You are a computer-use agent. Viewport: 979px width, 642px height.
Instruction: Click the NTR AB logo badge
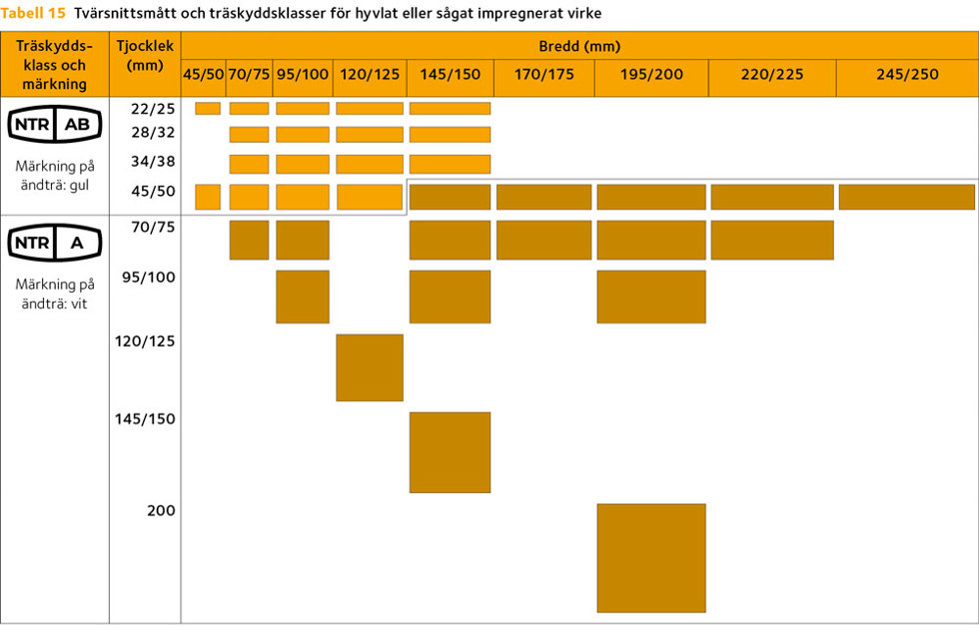tap(55, 123)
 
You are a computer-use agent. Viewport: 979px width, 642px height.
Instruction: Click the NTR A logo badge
tap(55, 243)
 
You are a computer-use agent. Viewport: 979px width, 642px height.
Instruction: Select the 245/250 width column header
tap(907, 74)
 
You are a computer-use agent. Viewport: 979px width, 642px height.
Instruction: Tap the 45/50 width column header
tap(203, 74)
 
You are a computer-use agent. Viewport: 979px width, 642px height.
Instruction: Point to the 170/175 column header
tap(543, 74)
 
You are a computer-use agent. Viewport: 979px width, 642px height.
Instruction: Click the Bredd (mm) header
tap(579, 46)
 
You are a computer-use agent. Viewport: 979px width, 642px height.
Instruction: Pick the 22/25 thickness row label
tap(152, 109)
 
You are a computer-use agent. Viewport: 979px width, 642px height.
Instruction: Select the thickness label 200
tap(161, 510)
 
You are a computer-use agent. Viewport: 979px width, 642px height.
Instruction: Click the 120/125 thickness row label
tap(145, 341)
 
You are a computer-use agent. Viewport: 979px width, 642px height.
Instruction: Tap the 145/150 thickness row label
tap(145, 418)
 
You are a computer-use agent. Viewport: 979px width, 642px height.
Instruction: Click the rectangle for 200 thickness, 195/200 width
tap(651, 557)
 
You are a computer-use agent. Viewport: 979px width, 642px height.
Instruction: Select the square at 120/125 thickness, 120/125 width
tap(370, 367)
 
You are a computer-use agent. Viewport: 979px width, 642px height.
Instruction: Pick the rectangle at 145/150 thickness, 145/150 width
tap(450, 452)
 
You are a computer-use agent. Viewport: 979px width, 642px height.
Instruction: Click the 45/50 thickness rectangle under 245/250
tap(906, 197)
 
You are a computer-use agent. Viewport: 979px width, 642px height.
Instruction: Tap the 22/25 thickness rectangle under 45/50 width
tap(208, 109)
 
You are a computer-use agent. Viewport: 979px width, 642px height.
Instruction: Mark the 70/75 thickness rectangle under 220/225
tap(772, 240)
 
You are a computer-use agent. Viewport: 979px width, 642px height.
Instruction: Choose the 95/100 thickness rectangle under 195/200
tap(651, 297)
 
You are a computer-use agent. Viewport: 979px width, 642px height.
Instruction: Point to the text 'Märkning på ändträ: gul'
tap(55, 174)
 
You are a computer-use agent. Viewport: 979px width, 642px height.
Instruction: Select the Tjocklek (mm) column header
tap(145, 56)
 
